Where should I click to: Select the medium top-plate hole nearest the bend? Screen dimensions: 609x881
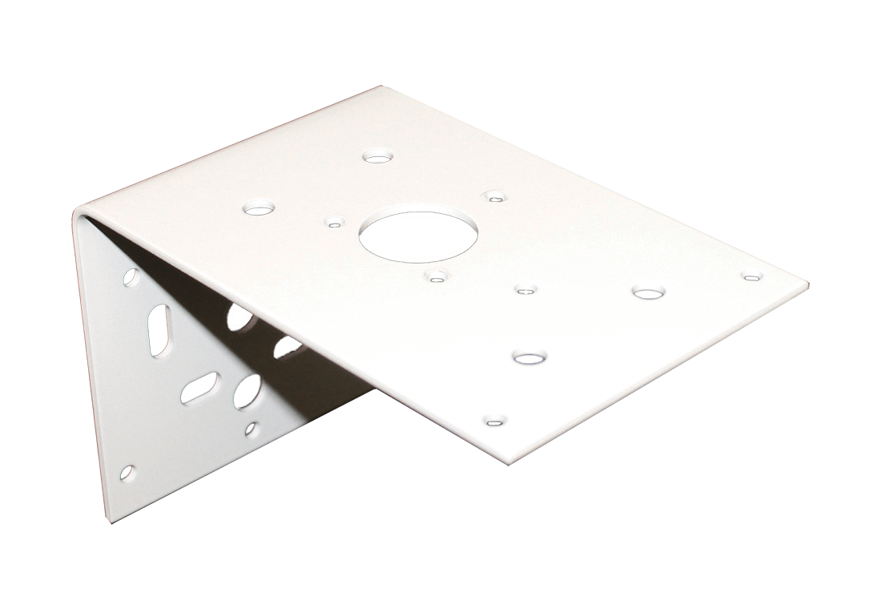pyautogui.click(x=258, y=208)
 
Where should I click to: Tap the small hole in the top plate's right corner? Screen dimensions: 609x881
pyautogui.click(x=750, y=277)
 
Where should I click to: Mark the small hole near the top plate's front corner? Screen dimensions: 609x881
pyautogui.click(x=495, y=420)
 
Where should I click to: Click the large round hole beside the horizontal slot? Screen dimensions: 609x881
pyautogui.click(x=245, y=390)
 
